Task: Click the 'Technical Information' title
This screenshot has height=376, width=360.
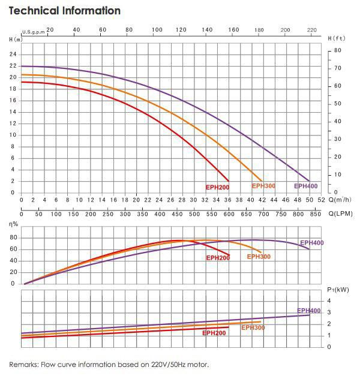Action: pyautogui.click(x=65, y=11)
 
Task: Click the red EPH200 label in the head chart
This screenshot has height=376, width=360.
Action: pyautogui.click(x=217, y=187)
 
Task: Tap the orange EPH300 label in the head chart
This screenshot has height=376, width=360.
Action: pyautogui.click(x=263, y=186)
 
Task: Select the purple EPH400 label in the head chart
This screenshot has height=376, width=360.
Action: pyautogui.click(x=305, y=186)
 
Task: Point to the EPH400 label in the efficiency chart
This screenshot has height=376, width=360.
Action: pyautogui.click(x=312, y=243)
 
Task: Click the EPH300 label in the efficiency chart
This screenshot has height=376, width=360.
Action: pyautogui.click(x=259, y=257)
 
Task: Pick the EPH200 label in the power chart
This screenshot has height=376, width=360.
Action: pyautogui.click(x=214, y=333)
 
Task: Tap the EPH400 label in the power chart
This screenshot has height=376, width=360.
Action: pyautogui.click(x=309, y=311)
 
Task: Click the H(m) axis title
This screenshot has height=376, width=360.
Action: pyautogui.click(x=16, y=40)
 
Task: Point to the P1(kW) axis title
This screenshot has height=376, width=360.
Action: pyautogui.click(x=338, y=290)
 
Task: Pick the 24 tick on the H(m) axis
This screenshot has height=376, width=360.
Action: pyautogui.click(x=13, y=55)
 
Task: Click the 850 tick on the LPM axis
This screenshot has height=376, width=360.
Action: pyautogui.click(x=314, y=213)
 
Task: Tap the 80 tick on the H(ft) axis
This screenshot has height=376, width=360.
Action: pyautogui.click(x=337, y=50)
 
